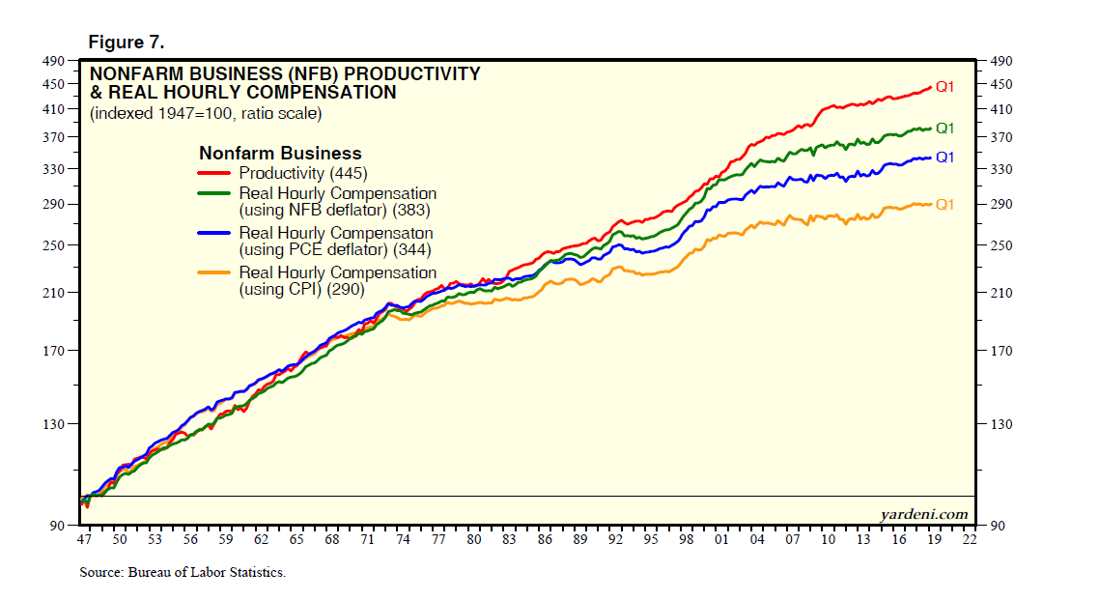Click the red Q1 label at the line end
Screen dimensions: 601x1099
[x=944, y=87]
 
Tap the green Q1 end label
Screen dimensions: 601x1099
[x=944, y=129]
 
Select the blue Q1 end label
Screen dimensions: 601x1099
[x=944, y=157]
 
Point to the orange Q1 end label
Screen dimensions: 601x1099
[x=944, y=204]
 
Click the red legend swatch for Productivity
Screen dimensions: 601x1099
[x=214, y=174]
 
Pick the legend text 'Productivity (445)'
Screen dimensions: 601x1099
[x=303, y=174]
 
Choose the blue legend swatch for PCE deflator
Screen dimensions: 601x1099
[x=214, y=233]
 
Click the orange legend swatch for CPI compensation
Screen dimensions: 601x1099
[x=214, y=273]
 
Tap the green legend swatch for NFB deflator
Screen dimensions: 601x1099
[x=214, y=194]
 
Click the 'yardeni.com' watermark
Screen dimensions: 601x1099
[x=923, y=514]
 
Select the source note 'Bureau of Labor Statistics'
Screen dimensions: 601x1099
[x=183, y=573]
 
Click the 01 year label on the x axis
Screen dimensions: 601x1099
[x=721, y=540]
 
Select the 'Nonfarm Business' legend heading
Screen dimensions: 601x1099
[x=280, y=154]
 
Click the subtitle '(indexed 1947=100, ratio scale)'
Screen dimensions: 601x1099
[x=206, y=113]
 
